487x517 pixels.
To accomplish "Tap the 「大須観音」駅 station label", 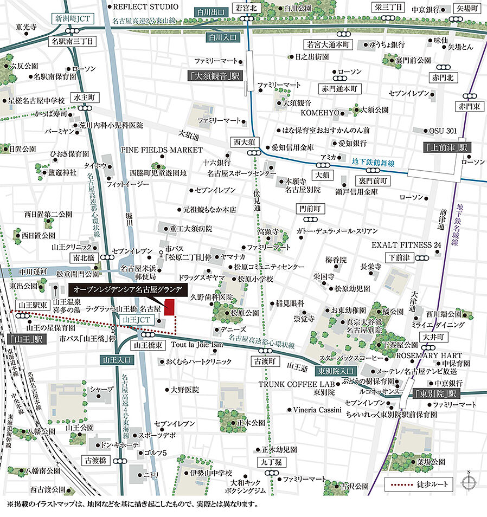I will tap(215, 76).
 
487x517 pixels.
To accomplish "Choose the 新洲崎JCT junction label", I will tap(73, 18).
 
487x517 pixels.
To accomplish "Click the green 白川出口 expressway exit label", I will tap(212, 11).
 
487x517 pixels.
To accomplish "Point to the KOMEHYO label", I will tap(320, 113).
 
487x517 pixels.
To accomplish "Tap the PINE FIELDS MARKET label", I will tap(162, 150).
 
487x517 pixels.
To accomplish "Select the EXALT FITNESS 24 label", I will tap(406, 245).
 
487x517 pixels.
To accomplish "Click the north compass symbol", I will tap(469, 482).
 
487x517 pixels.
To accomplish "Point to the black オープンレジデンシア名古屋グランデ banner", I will tap(128, 288).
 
